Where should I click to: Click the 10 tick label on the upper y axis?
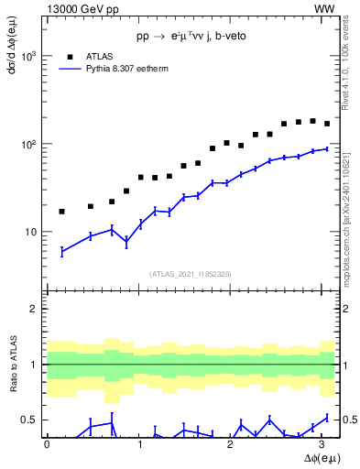tap(31, 233)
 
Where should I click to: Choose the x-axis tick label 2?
tap(231, 443)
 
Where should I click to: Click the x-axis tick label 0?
tap(47, 443)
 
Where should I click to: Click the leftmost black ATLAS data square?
tap(61, 212)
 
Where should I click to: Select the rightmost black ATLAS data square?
tap(327, 124)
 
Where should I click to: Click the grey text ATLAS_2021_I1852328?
tap(190, 274)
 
